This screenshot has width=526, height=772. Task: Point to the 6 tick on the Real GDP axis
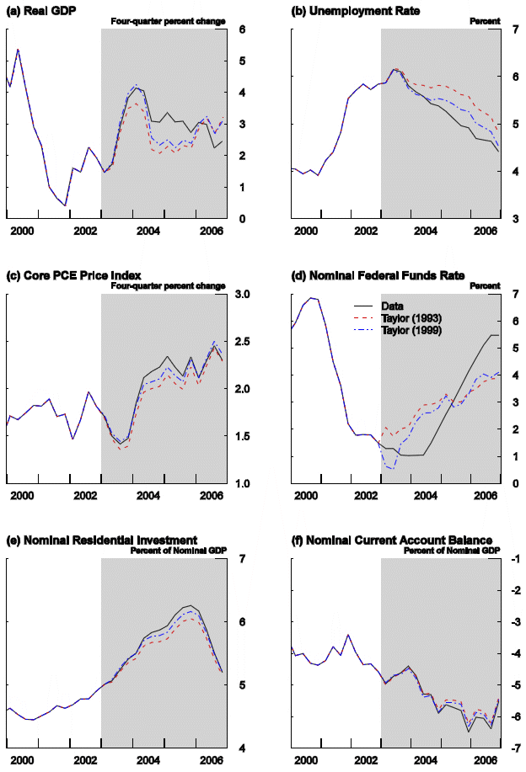tap(241, 29)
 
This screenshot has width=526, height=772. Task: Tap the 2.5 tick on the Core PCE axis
tap(243, 342)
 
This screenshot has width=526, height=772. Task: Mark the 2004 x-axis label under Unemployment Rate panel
tap(427, 231)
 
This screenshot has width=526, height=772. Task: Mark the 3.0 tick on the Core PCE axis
tap(243, 295)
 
